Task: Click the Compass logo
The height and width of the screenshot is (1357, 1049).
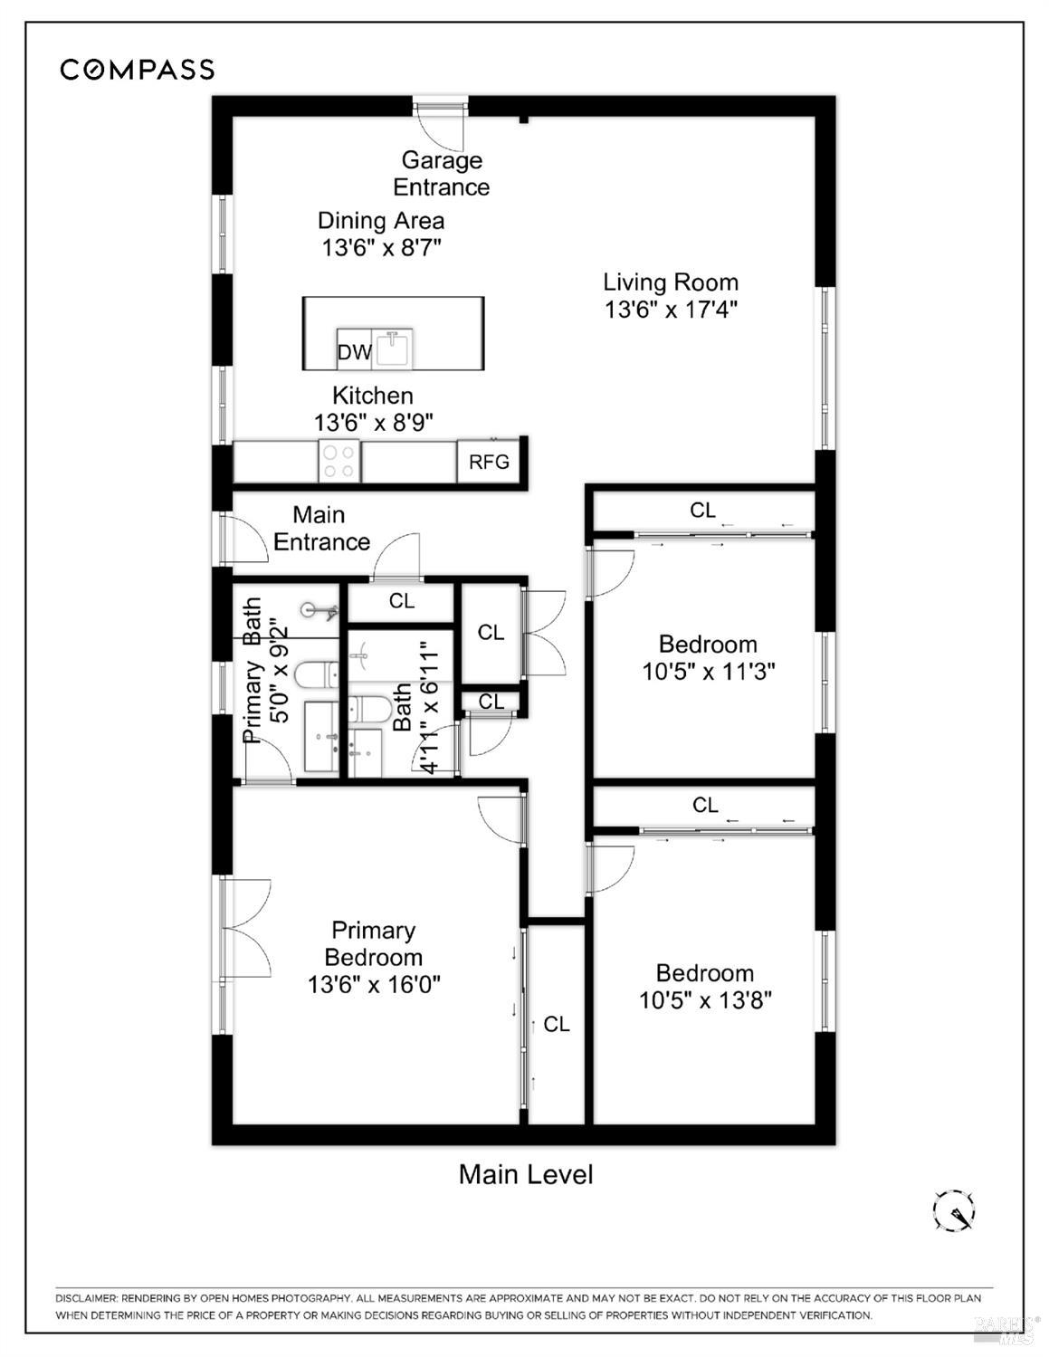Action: tap(137, 70)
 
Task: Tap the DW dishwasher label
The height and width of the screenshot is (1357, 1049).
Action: tap(354, 352)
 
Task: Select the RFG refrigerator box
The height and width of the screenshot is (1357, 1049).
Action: tap(489, 462)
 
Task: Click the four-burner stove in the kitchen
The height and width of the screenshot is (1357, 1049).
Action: tap(339, 460)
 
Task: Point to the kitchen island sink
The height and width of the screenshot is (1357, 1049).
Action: tap(394, 348)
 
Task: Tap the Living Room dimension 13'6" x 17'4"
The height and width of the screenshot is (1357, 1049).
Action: tap(671, 310)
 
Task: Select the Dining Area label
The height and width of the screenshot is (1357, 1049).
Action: tap(381, 221)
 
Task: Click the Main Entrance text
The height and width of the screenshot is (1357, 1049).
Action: tap(320, 529)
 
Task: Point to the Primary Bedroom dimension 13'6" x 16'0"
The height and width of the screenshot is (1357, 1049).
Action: tap(373, 985)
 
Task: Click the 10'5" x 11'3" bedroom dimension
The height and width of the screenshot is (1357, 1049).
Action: tap(708, 672)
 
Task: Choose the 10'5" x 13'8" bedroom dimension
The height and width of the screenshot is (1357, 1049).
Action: tap(705, 1000)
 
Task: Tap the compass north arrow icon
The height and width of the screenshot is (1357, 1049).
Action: tap(954, 1209)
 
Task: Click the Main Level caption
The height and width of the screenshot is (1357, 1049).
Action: tap(526, 1174)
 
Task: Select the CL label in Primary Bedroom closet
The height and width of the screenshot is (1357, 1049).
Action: tap(556, 1024)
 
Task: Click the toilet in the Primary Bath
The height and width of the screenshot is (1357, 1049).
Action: tap(315, 674)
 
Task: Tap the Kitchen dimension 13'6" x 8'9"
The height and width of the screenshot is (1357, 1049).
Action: tap(373, 423)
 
